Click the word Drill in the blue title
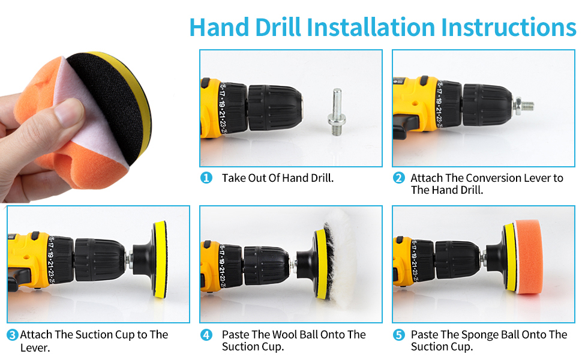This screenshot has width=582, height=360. [x=278, y=27]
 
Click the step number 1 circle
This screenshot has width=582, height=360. [x=206, y=178]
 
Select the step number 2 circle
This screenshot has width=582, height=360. [x=398, y=178]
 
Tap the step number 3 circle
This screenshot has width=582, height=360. [x=12, y=335]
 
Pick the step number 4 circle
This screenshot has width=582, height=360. [x=206, y=335]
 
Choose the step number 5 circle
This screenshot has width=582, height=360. [x=398, y=335]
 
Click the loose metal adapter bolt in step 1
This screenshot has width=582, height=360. [x=337, y=112]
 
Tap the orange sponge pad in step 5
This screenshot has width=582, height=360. [x=528, y=256]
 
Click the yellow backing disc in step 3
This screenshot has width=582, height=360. [x=160, y=259]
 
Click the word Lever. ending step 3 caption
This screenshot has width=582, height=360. [x=35, y=348]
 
